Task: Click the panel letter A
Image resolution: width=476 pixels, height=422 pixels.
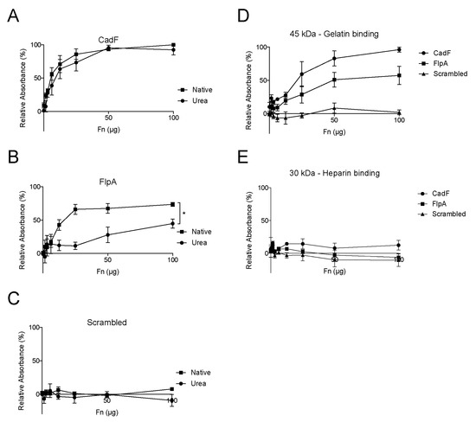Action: pyautogui.click(x=8, y=12)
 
